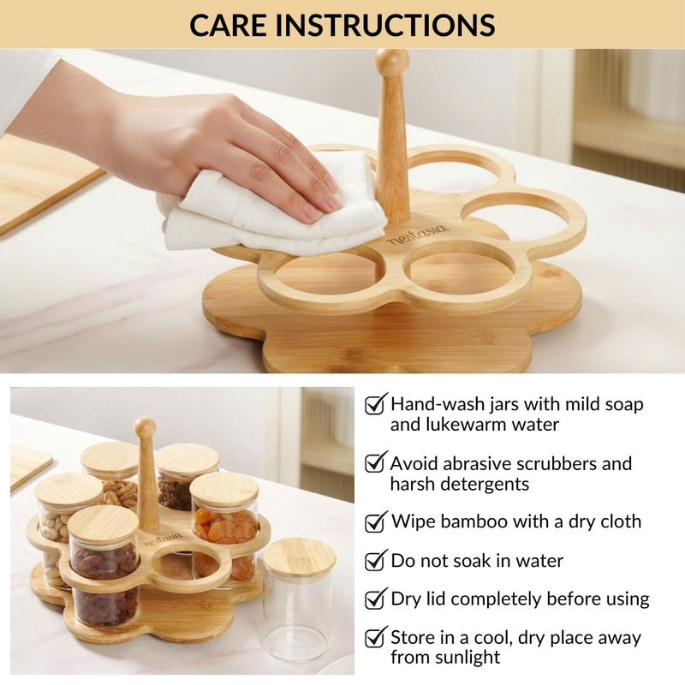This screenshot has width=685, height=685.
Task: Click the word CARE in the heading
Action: pos(226,24)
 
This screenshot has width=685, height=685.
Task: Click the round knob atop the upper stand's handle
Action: pos(391,63)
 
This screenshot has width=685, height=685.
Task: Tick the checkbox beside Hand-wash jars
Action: pos(375,404)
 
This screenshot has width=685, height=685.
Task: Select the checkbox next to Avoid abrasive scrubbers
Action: pos(375,463)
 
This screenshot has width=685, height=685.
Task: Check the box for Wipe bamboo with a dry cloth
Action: pos(375,521)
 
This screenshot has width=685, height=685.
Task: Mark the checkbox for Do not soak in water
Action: pos(375,561)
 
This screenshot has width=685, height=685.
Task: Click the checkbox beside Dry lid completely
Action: pos(375,599)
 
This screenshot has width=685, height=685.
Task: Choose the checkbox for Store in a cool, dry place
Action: pos(375,638)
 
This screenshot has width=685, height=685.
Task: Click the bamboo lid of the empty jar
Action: pos(299,556)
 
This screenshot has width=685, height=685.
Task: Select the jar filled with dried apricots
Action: pos(224,531)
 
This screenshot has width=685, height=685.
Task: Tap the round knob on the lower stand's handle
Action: pos(146,427)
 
